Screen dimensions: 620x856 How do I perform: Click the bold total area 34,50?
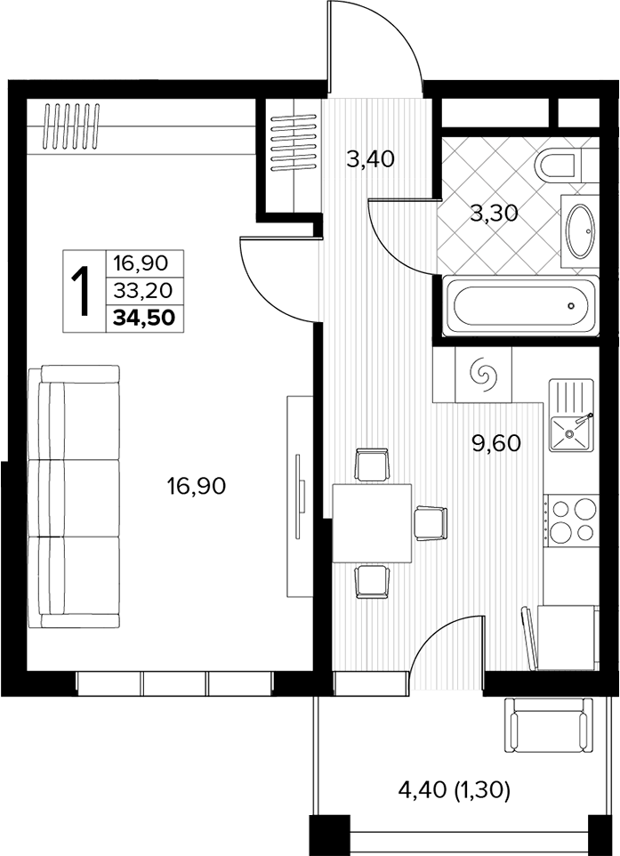pyautogui.click(x=144, y=317)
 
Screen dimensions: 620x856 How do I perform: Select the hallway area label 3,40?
pyautogui.click(x=370, y=159)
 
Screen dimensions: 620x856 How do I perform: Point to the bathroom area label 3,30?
pyautogui.click(x=494, y=214)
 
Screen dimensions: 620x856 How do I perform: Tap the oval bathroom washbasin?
pyautogui.click(x=581, y=231)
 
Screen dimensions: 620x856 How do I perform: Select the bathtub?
pyautogui.click(x=520, y=306)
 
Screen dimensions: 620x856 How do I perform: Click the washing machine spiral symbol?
pyautogui.click(x=484, y=374)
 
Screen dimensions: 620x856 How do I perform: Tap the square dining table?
pyautogui.click(x=372, y=523)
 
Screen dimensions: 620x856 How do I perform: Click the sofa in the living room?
pyautogui.click(x=74, y=497)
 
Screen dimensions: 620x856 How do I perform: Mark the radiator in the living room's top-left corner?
pyautogui.click(x=72, y=126)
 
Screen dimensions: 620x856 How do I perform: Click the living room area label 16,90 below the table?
pyautogui.click(x=197, y=485)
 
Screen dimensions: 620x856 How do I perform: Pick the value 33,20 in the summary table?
pyautogui.click(x=143, y=291)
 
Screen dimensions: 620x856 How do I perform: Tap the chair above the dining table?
pyautogui.click(x=372, y=464)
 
